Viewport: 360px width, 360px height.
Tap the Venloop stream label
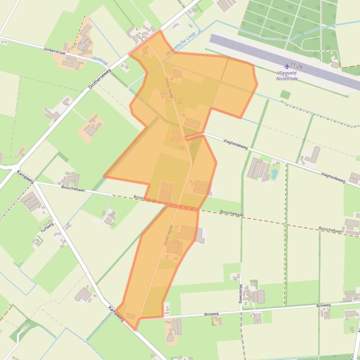(100, 60)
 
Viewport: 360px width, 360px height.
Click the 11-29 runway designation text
(296, 67)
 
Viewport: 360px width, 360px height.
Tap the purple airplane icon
(287, 66)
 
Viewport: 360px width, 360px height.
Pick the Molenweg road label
(240, 295)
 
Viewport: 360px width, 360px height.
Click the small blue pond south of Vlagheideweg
(274, 174)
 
